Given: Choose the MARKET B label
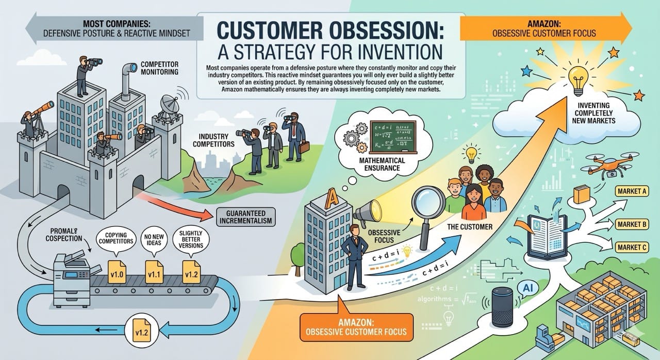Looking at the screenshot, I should (x=631, y=224).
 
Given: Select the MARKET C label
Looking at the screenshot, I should (x=631, y=247).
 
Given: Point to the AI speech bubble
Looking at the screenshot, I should (x=527, y=288).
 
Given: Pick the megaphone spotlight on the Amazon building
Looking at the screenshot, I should (x=368, y=211).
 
